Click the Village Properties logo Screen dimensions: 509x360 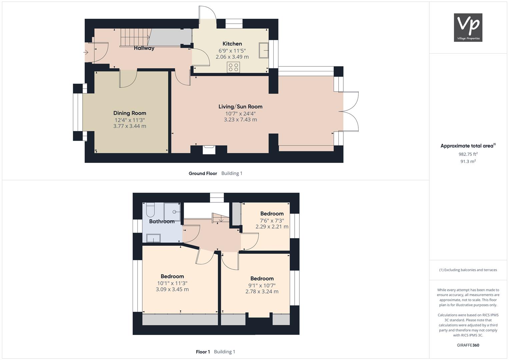(x=468, y=27)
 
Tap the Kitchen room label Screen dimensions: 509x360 (x=232, y=44)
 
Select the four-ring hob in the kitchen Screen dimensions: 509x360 (x=233, y=67)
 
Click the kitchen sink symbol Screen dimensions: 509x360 (x=264, y=50)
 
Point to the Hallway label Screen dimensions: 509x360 (x=144, y=48)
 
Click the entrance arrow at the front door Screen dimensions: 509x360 (x=86, y=53)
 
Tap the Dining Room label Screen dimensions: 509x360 (x=130, y=113)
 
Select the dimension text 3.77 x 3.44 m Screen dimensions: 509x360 (x=130, y=126)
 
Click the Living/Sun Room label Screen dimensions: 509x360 (x=240, y=107)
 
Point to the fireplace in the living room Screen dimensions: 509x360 (x=209, y=150)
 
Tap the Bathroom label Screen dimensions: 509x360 (x=162, y=221)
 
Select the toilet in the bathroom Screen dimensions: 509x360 (x=150, y=210)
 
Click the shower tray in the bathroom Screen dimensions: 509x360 (x=172, y=212)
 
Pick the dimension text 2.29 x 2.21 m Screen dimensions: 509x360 (x=272, y=227)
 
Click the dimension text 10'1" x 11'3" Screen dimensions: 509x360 (x=172, y=283)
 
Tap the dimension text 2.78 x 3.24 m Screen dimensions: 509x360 (x=262, y=291)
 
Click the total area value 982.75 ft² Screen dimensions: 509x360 (x=468, y=154)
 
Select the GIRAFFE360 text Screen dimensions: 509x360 (x=468, y=345)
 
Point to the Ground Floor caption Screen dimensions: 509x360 (x=203, y=173)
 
